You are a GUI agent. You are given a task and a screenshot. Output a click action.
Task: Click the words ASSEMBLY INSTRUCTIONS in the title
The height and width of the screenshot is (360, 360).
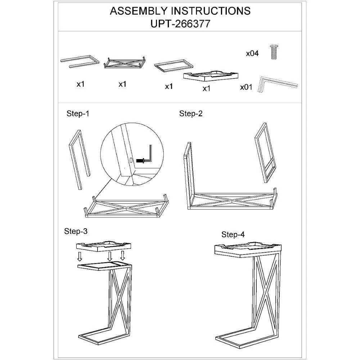point(180,11)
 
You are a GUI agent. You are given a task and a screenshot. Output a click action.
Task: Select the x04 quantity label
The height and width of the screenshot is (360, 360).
point(252,54)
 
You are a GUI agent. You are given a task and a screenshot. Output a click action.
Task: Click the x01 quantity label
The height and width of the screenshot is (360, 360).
point(246,87)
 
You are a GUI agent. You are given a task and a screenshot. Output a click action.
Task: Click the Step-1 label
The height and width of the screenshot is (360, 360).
point(78,114)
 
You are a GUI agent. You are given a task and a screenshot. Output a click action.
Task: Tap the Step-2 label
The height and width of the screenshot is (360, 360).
point(191,114)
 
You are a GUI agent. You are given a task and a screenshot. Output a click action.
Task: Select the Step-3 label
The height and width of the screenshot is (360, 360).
point(76,231)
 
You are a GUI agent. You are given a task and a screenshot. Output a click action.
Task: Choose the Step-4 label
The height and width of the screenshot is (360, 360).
point(233,235)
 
